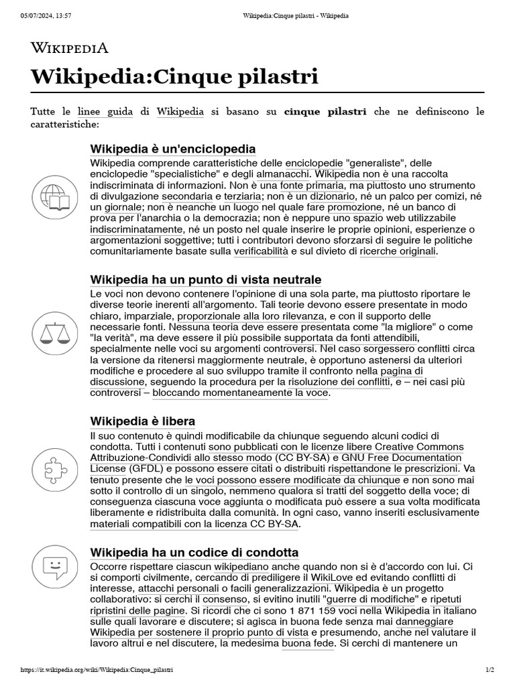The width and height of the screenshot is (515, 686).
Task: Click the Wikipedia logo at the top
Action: [x=70, y=48]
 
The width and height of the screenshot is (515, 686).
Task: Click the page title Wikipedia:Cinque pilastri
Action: [x=174, y=76]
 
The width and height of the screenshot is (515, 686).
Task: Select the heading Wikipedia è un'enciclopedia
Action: [x=172, y=149]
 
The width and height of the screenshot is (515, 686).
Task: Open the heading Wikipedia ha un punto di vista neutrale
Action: [x=205, y=279]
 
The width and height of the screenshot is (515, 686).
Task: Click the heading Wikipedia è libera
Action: [x=142, y=421]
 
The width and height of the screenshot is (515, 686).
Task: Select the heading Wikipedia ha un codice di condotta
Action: [x=194, y=553]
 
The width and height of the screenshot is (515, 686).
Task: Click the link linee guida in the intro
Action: [x=105, y=112]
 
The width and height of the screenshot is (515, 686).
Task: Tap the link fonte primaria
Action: [x=310, y=185]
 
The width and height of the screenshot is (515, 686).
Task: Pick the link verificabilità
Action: [x=261, y=251]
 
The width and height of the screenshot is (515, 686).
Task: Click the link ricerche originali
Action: [x=398, y=251]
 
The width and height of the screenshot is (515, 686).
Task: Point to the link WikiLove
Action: [x=327, y=577]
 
